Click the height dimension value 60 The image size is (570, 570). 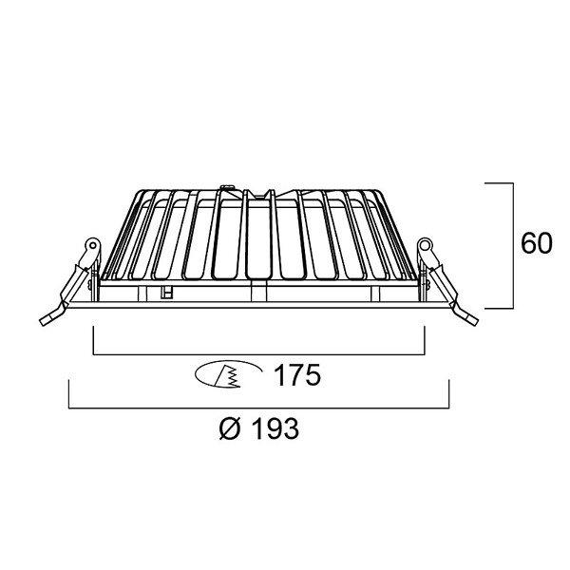(537, 243)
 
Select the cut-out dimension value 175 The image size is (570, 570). (297, 375)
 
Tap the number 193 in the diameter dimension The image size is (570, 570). (275, 428)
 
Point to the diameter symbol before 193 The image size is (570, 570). (231, 429)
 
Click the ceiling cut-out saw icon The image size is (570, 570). (228, 374)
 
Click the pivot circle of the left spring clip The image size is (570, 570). (93, 245)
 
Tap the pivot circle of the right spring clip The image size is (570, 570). (424, 245)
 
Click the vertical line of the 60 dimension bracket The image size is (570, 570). (513, 246)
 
